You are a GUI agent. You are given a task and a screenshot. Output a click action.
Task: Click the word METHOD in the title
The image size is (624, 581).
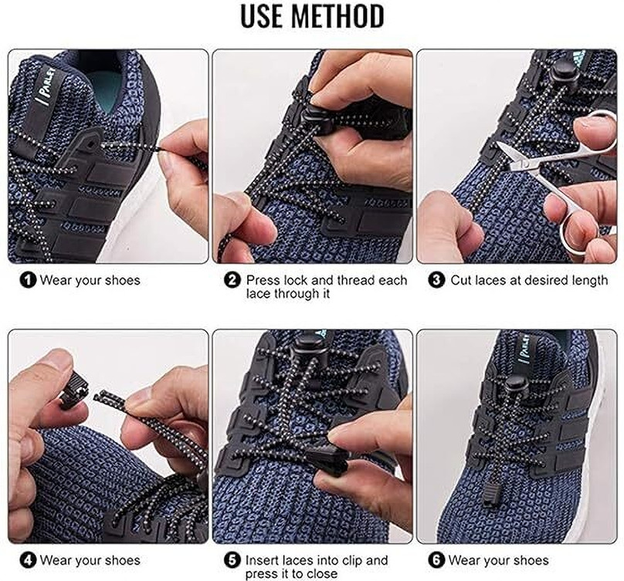337,15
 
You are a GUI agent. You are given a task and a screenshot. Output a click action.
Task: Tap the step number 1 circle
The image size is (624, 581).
29,281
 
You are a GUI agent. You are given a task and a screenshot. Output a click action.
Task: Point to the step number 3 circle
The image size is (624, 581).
437,281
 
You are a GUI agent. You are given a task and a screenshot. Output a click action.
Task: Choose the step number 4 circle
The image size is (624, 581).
29,559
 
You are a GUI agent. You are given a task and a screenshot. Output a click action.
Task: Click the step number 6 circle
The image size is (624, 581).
437,559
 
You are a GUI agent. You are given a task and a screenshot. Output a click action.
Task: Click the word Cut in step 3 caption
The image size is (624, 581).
462,281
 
